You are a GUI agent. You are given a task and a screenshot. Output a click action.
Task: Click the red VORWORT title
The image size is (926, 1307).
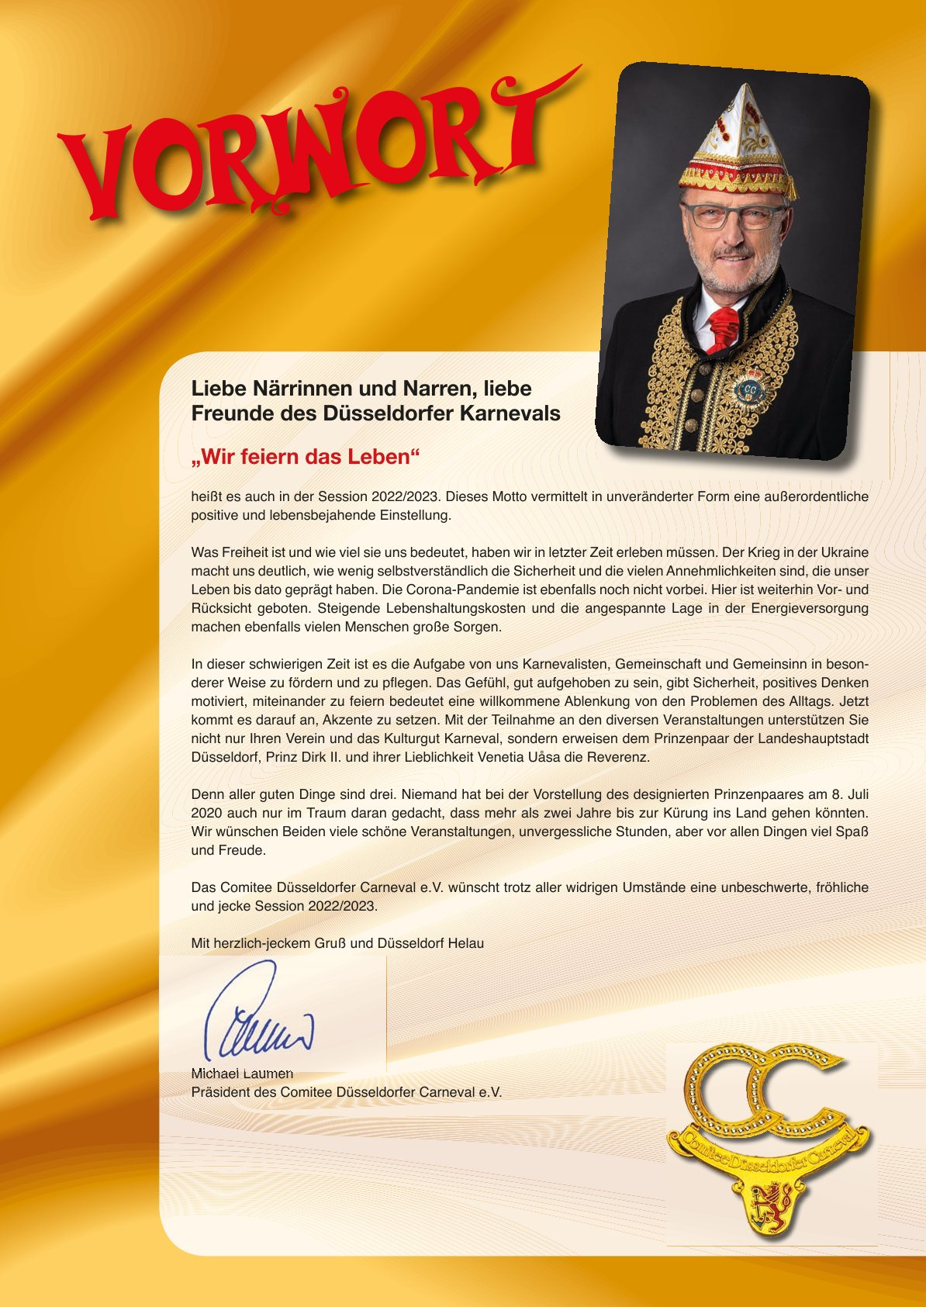pos(310,151)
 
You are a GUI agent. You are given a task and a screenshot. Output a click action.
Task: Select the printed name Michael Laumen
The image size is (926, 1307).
pos(242,1074)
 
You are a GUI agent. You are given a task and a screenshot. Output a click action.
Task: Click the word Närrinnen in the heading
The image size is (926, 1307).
pos(295,388)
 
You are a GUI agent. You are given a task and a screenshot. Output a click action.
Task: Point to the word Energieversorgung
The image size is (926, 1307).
pos(809,608)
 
